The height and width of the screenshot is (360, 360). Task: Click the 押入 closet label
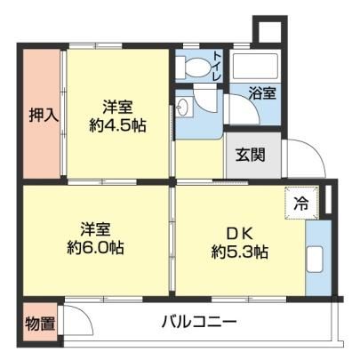click(44, 115)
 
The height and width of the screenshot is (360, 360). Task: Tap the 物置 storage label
click(40, 323)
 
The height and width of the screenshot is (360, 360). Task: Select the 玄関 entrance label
click(251, 155)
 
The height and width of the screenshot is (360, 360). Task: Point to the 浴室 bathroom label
click(262, 93)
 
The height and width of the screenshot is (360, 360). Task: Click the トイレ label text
click(217, 67)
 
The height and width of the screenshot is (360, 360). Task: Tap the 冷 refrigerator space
click(301, 204)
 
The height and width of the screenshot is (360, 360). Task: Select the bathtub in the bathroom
click(255, 66)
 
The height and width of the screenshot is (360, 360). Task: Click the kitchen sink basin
click(315, 260)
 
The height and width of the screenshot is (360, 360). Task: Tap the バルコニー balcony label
click(199, 322)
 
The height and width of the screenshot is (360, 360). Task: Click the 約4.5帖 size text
click(117, 126)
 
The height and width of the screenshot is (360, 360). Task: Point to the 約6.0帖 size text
click(95, 248)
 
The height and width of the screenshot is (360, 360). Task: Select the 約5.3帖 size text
click(239, 252)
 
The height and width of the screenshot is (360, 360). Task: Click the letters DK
click(239, 235)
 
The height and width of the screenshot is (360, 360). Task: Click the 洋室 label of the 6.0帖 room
click(95, 229)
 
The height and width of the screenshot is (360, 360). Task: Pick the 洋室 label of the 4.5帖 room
click(117, 108)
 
